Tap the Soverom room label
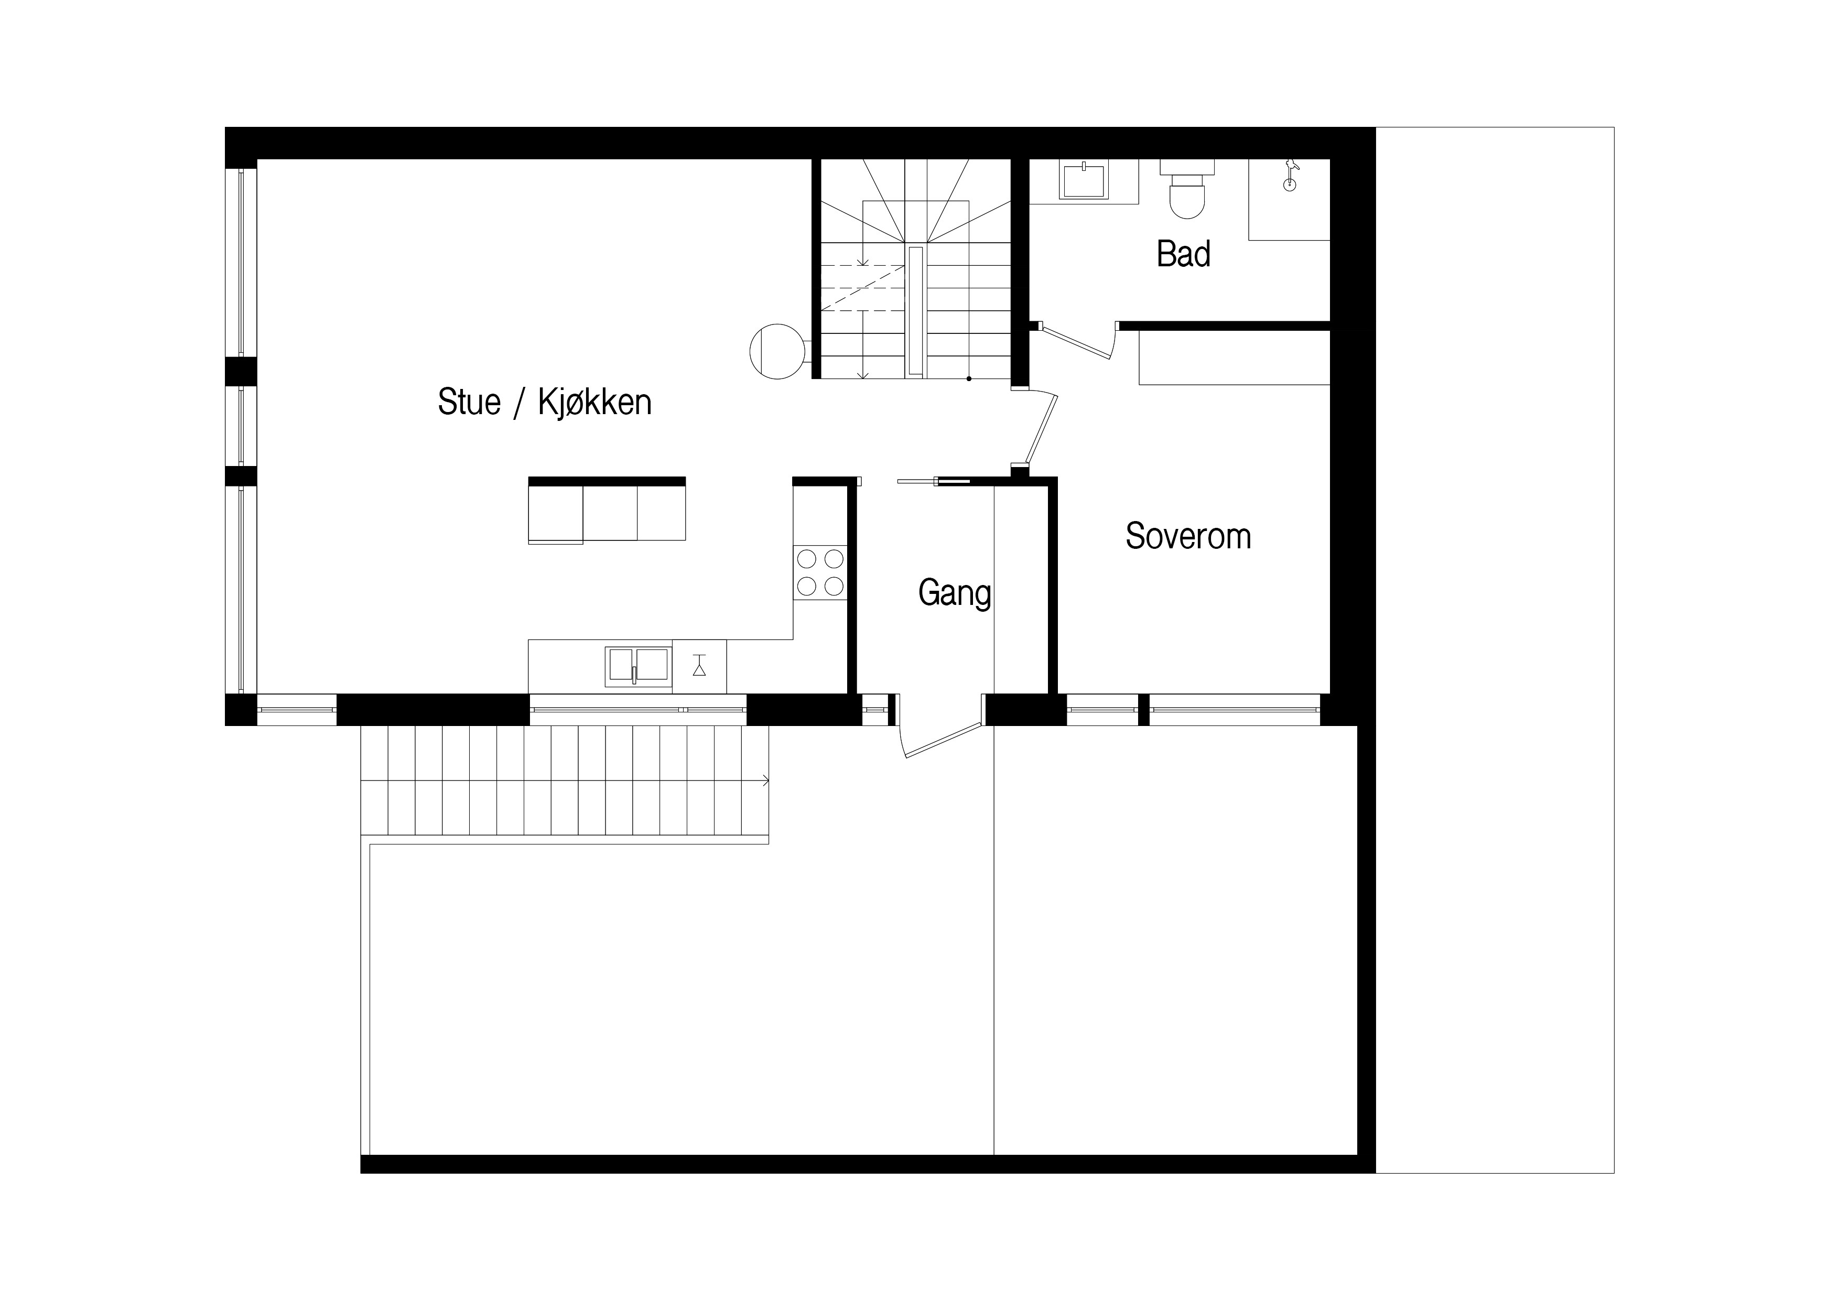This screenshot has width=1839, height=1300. click(1188, 536)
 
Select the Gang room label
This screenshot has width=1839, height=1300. click(954, 593)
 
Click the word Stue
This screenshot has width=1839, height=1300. click(469, 402)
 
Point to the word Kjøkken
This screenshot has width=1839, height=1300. click(594, 402)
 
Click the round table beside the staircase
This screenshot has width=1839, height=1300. click(776, 351)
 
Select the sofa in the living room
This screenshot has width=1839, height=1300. click(607, 510)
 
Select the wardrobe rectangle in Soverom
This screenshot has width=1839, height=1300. click(1234, 357)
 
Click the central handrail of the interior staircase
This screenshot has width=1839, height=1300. click(915, 311)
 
